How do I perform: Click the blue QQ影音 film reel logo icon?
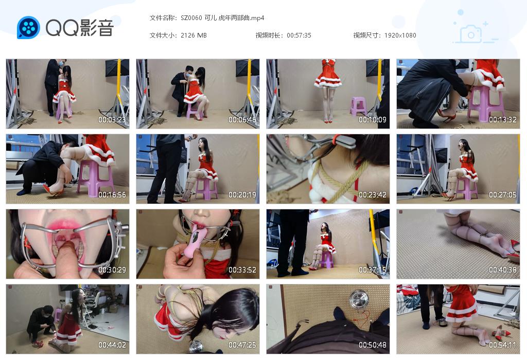tap(28, 28)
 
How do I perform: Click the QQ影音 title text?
tap(79, 28)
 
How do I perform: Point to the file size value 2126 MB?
tap(194, 35)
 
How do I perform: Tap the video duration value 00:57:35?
tap(299, 35)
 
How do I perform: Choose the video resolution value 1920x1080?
tap(400, 35)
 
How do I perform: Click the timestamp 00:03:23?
tap(112, 119)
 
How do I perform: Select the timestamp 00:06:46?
tap(242, 119)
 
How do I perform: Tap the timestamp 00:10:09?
tap(373, 119)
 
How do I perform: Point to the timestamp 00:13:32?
tap(503, 119)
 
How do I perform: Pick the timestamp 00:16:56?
tap(112, 195)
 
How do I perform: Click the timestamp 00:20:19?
tap(242, 195)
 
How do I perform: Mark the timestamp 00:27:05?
tap(503, 195)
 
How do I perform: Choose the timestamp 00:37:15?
tap(373, 270)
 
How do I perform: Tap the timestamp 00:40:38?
tap(503, 270)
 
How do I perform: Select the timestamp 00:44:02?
tap(112, 345)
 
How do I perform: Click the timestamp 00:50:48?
tap(373, 345)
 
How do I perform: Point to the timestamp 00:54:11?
tap(503, 345)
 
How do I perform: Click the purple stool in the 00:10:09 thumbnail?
tap(358, 106)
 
